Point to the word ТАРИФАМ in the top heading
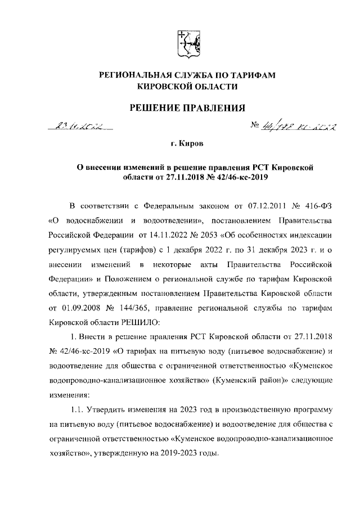click(x=254, y=75)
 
